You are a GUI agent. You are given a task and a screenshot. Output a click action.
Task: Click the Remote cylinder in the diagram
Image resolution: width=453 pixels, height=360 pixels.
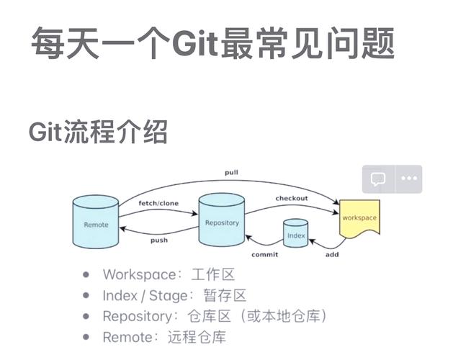[x=96, y=223]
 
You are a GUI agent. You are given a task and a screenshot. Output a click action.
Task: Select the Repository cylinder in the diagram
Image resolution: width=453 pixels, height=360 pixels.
[x=222, y=221]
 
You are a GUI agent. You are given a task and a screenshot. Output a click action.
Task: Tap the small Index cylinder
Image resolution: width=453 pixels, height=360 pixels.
[x=296, y=234]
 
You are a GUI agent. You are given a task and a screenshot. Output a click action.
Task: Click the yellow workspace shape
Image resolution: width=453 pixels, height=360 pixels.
[x=359, y=218]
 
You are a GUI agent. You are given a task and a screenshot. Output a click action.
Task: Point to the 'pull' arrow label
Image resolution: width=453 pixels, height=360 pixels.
[x=231, y=173]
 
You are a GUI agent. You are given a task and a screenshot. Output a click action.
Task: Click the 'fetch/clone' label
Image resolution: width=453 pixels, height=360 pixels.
[x=158, y=204]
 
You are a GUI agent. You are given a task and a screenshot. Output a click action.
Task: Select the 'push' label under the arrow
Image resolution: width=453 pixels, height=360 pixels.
[x=159, y=240]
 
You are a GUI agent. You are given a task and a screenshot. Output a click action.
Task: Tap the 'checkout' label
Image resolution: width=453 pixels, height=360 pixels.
[x=292, y=198]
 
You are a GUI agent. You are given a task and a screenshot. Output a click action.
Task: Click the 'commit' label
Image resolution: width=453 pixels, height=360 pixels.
[x=264, y=254]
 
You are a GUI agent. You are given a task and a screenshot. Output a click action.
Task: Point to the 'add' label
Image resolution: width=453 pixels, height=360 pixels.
[x=332, y=254]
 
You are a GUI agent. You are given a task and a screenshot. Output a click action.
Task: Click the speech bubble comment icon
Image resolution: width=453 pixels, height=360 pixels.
[x=378, y=179]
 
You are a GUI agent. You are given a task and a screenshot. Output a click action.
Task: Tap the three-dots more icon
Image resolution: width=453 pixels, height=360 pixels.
[x=408, y=179]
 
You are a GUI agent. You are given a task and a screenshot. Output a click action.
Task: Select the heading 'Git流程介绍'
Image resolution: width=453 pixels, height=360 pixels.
[x=98, y=132]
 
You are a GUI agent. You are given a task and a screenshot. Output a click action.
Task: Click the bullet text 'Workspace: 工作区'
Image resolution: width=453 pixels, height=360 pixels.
[x=169, y=274]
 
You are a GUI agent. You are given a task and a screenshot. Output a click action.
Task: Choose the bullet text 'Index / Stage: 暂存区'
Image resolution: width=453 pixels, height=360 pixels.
[x=174, y=295]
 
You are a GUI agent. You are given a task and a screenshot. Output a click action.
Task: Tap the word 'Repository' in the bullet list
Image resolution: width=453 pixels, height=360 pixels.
[x=138, y=316]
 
